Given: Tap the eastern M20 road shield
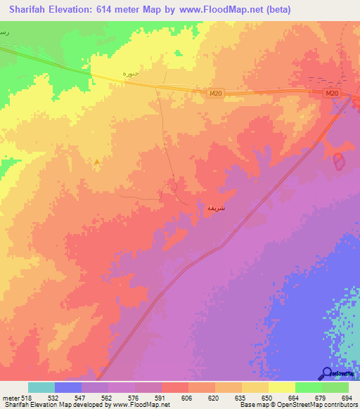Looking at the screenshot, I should pyautogui.click(x=333, y=93).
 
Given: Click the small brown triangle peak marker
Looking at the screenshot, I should pyautogui.click(x=97, y=162).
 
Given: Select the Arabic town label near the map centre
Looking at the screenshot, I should pyautogui.click(x=214, y=208).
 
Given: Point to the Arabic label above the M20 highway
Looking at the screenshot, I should pyautogui.click(x=131, y=74).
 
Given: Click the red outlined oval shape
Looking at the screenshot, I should pyautogui.click(x=340, y=161).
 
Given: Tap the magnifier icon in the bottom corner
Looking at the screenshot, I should pyautogui.click(x=326, y=374).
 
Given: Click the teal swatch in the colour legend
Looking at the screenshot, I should pyautogui.click(x=41, y=387).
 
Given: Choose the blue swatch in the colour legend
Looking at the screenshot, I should pyautogui.click(x=68, y=387).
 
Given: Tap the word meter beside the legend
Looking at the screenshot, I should pyautogui.click(x=10, y=398).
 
